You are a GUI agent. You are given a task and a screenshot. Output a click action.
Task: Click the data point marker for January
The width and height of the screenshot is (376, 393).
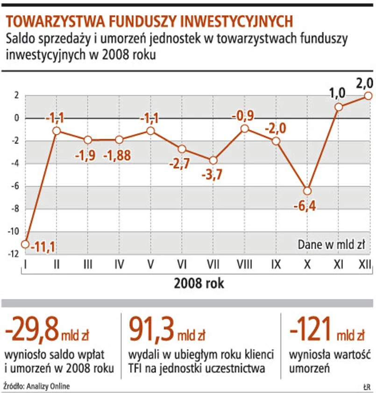[25, 244]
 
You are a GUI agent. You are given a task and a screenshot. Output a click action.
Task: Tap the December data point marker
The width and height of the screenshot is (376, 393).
[368, 96]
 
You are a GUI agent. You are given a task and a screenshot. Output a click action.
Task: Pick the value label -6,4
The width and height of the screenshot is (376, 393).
[306, 206]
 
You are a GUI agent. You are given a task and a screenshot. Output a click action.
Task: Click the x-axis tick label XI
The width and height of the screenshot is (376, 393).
[338, 265]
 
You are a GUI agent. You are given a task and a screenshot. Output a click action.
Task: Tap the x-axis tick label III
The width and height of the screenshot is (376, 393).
[87, 265]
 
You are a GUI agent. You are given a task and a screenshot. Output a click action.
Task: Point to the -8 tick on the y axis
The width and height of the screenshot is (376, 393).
[16, 209]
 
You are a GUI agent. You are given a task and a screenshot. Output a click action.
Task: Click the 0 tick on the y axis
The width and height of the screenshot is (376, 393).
[17, 119]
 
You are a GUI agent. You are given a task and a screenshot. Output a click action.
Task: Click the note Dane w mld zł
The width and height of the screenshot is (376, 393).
[330, 244]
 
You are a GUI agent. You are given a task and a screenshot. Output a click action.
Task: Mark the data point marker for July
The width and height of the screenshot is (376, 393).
[213, 160]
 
